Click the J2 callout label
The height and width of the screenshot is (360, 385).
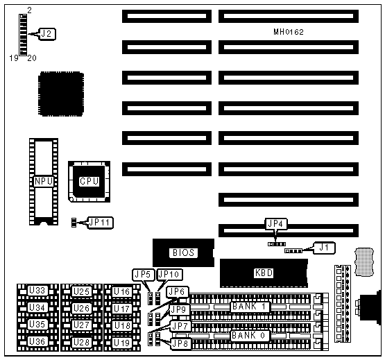(47, 34)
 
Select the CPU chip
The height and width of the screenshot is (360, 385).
(89, 182)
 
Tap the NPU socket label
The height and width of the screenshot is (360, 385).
(44, 182)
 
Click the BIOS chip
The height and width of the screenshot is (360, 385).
(183, 252)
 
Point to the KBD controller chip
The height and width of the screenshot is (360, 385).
(264, 273)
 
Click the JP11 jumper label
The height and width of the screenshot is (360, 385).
(101, 223)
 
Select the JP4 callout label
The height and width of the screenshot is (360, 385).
(276, 224)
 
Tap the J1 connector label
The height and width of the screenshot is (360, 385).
(325, 248)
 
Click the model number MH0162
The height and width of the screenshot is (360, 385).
(289, 32)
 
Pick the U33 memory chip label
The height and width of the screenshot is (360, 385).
(37, 291)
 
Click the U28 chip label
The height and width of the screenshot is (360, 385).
(81, 342)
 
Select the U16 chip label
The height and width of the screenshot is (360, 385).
(122, 291)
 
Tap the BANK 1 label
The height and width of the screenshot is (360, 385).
(250, 307)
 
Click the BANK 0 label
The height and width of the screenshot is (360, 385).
(250, 336)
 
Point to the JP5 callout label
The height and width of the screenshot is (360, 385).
(144, 275)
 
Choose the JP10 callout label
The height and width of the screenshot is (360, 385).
(169, 275)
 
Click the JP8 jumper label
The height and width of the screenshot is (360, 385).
(180, 343)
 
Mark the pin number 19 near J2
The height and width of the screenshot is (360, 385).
(14, 58)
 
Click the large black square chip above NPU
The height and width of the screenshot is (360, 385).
(61, 94)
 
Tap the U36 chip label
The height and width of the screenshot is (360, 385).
(37, 341)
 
